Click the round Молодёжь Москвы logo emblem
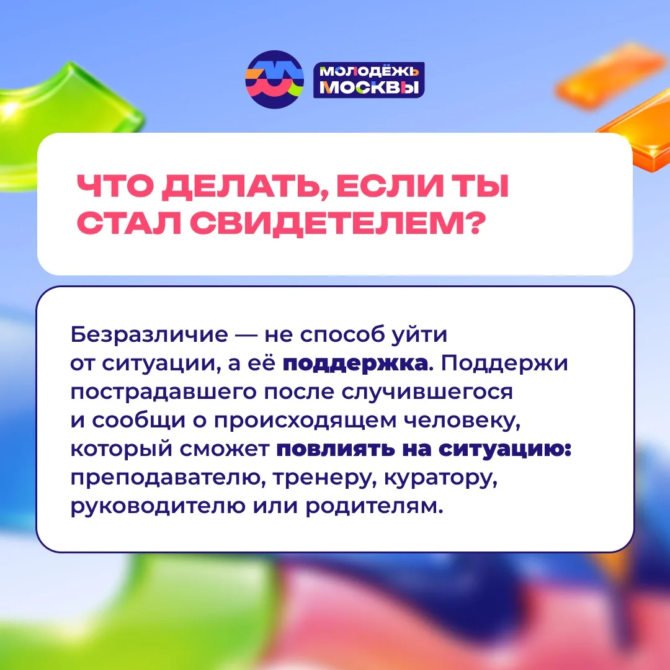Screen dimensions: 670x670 click(x=274, y=79)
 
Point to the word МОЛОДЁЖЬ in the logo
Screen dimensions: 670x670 click(x=369, y=71)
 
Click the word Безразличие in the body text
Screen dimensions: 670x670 click(x=149, y=334)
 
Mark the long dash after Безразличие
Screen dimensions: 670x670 click(x=246, y=335)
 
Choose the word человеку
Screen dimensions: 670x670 click(x=462, y=421)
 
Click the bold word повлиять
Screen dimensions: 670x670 click(x=336, y=450)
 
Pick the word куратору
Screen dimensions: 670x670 click(x=440, y=479)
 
